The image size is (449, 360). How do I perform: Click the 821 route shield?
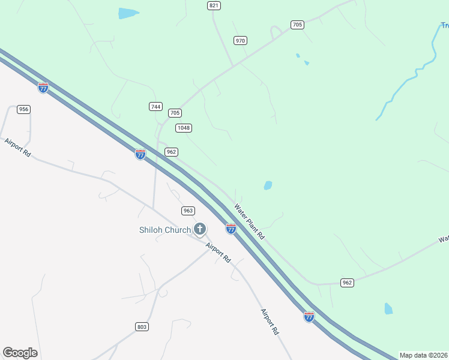[x=214, y=5]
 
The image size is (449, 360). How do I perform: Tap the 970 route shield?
[x=241, y=40]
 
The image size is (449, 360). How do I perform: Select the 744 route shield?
[x=156, y=106]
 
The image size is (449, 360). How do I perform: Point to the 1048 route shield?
[x=184, y=128]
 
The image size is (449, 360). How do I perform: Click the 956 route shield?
[x=24, y=109]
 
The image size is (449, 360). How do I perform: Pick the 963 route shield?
[x=188, y=211]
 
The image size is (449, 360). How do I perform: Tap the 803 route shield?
[x=142, y=326]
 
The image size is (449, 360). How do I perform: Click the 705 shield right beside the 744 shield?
[x=175, y=113]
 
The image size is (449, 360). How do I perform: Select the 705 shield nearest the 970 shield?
[x=297, y=25]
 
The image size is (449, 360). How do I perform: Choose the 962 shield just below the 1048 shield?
[x=171, y=152]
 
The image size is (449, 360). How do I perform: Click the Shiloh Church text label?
[x=164, y=230]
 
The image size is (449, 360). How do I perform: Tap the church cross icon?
[x=199, y=229]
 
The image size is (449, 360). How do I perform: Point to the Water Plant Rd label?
[x=249, y=222]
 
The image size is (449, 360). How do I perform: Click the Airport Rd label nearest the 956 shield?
[x=17, y=148]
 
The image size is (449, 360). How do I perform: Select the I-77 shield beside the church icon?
[x=231, y=229]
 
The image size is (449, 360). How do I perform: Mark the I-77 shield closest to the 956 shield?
[x=43, y=88]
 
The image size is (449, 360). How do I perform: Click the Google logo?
[x=20, y=353]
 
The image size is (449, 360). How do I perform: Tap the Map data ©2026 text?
[x=424, y=355]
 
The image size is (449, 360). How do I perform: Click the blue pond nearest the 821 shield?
[x=128, y=13]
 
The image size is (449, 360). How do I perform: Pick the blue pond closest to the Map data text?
[x=388, y=309]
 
